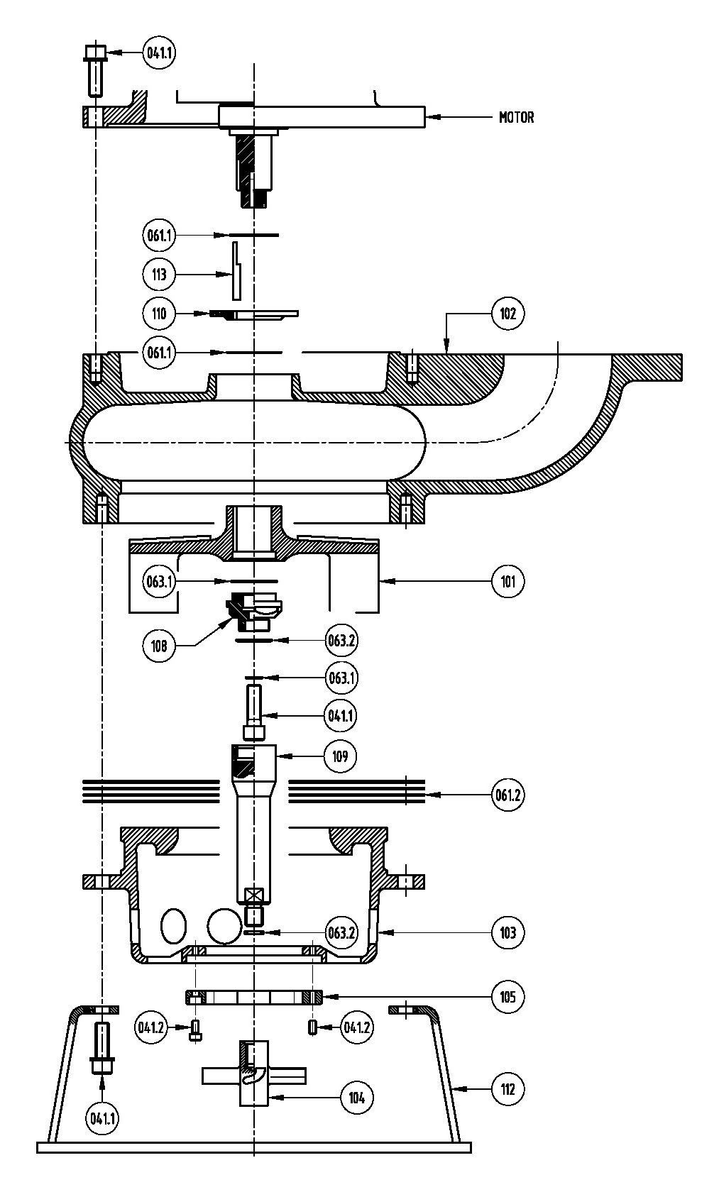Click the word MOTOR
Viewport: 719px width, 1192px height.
516,117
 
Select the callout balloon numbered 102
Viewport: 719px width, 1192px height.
507,314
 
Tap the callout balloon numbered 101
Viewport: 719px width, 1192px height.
507,581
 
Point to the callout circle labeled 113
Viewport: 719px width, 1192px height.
159,275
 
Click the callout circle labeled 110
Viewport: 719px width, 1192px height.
159,314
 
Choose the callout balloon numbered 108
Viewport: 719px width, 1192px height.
159,646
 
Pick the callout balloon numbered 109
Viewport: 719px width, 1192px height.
340,756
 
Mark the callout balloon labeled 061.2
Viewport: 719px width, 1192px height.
507,795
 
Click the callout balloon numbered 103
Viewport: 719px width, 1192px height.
507,932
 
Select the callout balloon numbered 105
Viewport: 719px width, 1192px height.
507,996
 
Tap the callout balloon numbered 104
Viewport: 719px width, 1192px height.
356,1097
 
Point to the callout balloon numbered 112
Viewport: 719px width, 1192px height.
507,1089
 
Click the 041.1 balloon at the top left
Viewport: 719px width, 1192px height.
159,53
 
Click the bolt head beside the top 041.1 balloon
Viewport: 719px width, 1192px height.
96,53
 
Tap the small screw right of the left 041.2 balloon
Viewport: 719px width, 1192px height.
195,1030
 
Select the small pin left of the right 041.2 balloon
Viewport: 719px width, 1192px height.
312,1027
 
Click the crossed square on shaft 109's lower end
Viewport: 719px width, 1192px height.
253,895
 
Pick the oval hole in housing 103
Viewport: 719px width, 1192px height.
173,926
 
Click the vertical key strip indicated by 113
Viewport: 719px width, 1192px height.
236,271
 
